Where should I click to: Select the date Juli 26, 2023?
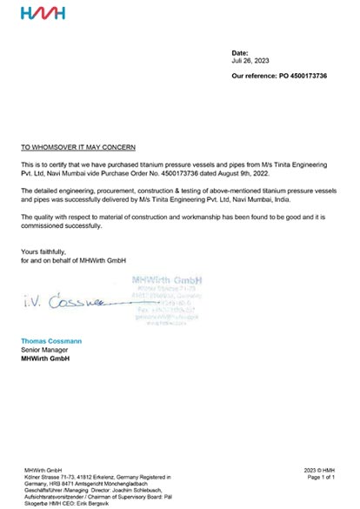[250, 63]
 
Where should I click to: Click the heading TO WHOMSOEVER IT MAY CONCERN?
[78, 149]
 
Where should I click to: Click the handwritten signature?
[62, 306]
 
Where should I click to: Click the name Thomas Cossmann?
[57, 341]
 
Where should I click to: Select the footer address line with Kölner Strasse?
[96, 478]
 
